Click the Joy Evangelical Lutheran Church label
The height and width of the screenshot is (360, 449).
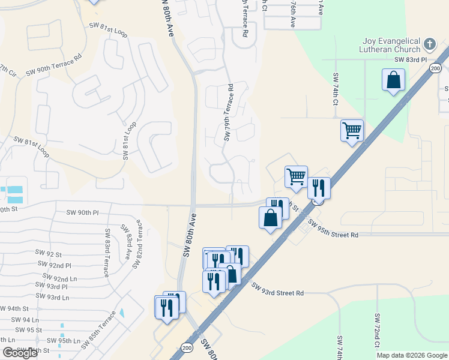(392, 45)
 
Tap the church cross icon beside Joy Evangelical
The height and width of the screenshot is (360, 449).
(429, 44)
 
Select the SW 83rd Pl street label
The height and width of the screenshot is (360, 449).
(410, 60)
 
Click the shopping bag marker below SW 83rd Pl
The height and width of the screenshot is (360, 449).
(393, 80)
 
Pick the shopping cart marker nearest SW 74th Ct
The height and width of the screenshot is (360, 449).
(352, 131)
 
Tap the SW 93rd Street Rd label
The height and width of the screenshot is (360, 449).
(277, 290)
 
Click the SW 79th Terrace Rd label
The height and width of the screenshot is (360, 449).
(229, 113)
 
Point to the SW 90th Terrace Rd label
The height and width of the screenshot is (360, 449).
(53, 67)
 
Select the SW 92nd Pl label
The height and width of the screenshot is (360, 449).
(54, 265)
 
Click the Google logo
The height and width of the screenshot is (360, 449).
(20, 353)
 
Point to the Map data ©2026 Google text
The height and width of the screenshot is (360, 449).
(411, 355)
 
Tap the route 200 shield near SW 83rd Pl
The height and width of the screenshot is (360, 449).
(435, 68)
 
